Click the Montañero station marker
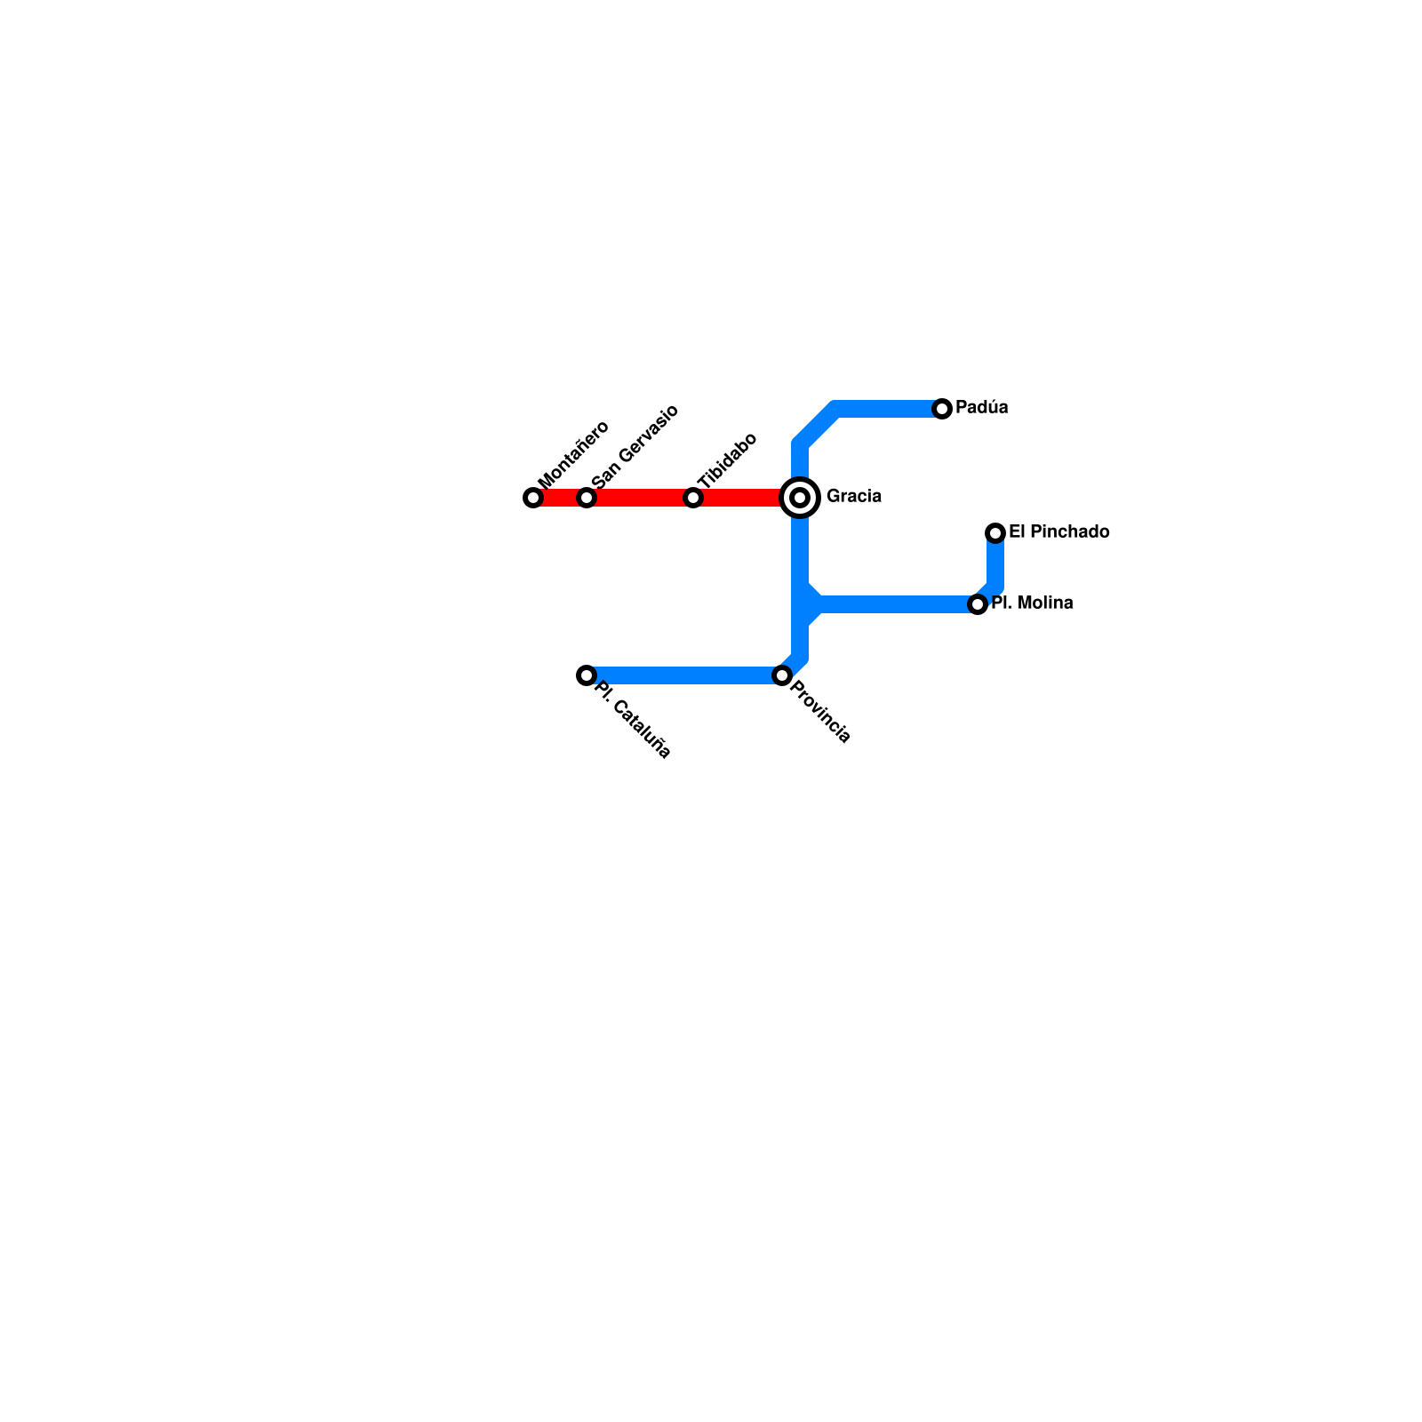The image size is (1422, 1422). pos(533,498)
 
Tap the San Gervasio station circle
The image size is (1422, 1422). pos(587,498)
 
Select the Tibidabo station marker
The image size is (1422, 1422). pos(693,498)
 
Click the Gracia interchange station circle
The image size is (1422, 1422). pos(800,498)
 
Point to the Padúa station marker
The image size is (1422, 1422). pos(942,409)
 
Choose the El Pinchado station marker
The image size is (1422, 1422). pos(995,533)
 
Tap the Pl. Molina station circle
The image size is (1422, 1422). pos(978,604)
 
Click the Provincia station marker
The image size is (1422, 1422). pos(782,675)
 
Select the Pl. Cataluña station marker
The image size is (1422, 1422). pos(587,675)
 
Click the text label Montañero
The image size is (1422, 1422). pos(573,454)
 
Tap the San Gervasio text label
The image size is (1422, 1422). pos(635,446)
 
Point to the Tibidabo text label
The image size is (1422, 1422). pos(727,460)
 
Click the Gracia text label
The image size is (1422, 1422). pos(854,496)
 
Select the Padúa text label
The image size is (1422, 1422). pos(982,408)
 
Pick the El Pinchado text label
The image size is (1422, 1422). pos(1059,532)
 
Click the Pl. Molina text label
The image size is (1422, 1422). pos(1032,603)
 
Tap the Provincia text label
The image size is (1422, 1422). pos(820,711)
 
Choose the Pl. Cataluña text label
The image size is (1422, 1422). pos(632,720)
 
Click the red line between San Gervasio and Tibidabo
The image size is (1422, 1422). pos(640,498)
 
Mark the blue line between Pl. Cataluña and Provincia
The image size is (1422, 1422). pos(684,675)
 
